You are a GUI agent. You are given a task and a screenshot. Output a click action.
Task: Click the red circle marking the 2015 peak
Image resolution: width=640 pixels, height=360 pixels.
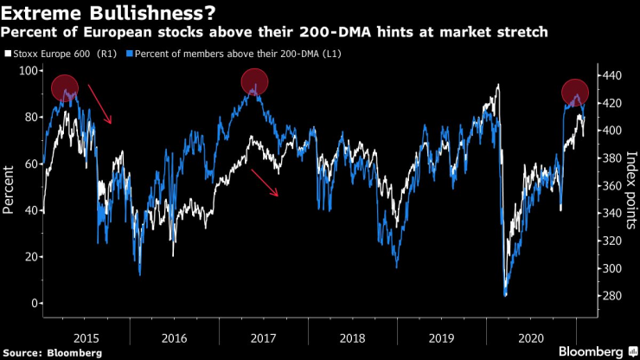(x=65, y=87)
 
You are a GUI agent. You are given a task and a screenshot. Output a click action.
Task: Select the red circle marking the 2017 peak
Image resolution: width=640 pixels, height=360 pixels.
(x=254, y=82)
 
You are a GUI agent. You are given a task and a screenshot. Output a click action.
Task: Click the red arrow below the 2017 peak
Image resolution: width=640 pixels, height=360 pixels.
(x=266, y=183)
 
